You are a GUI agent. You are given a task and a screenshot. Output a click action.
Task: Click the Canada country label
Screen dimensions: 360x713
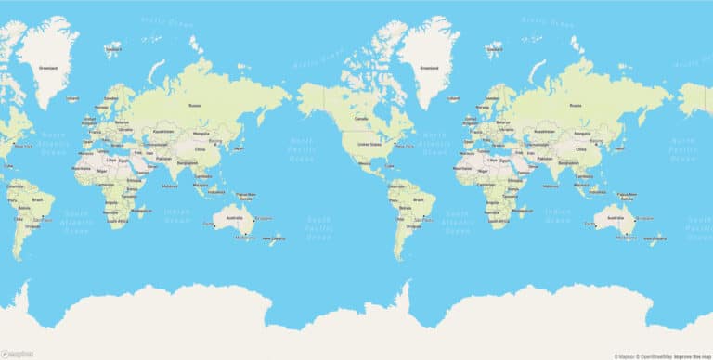362,119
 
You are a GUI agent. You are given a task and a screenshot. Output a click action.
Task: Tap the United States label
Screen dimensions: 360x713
369,144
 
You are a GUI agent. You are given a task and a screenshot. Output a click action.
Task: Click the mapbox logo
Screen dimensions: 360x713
17,354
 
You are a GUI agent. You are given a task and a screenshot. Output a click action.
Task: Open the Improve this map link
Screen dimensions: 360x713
694,355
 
